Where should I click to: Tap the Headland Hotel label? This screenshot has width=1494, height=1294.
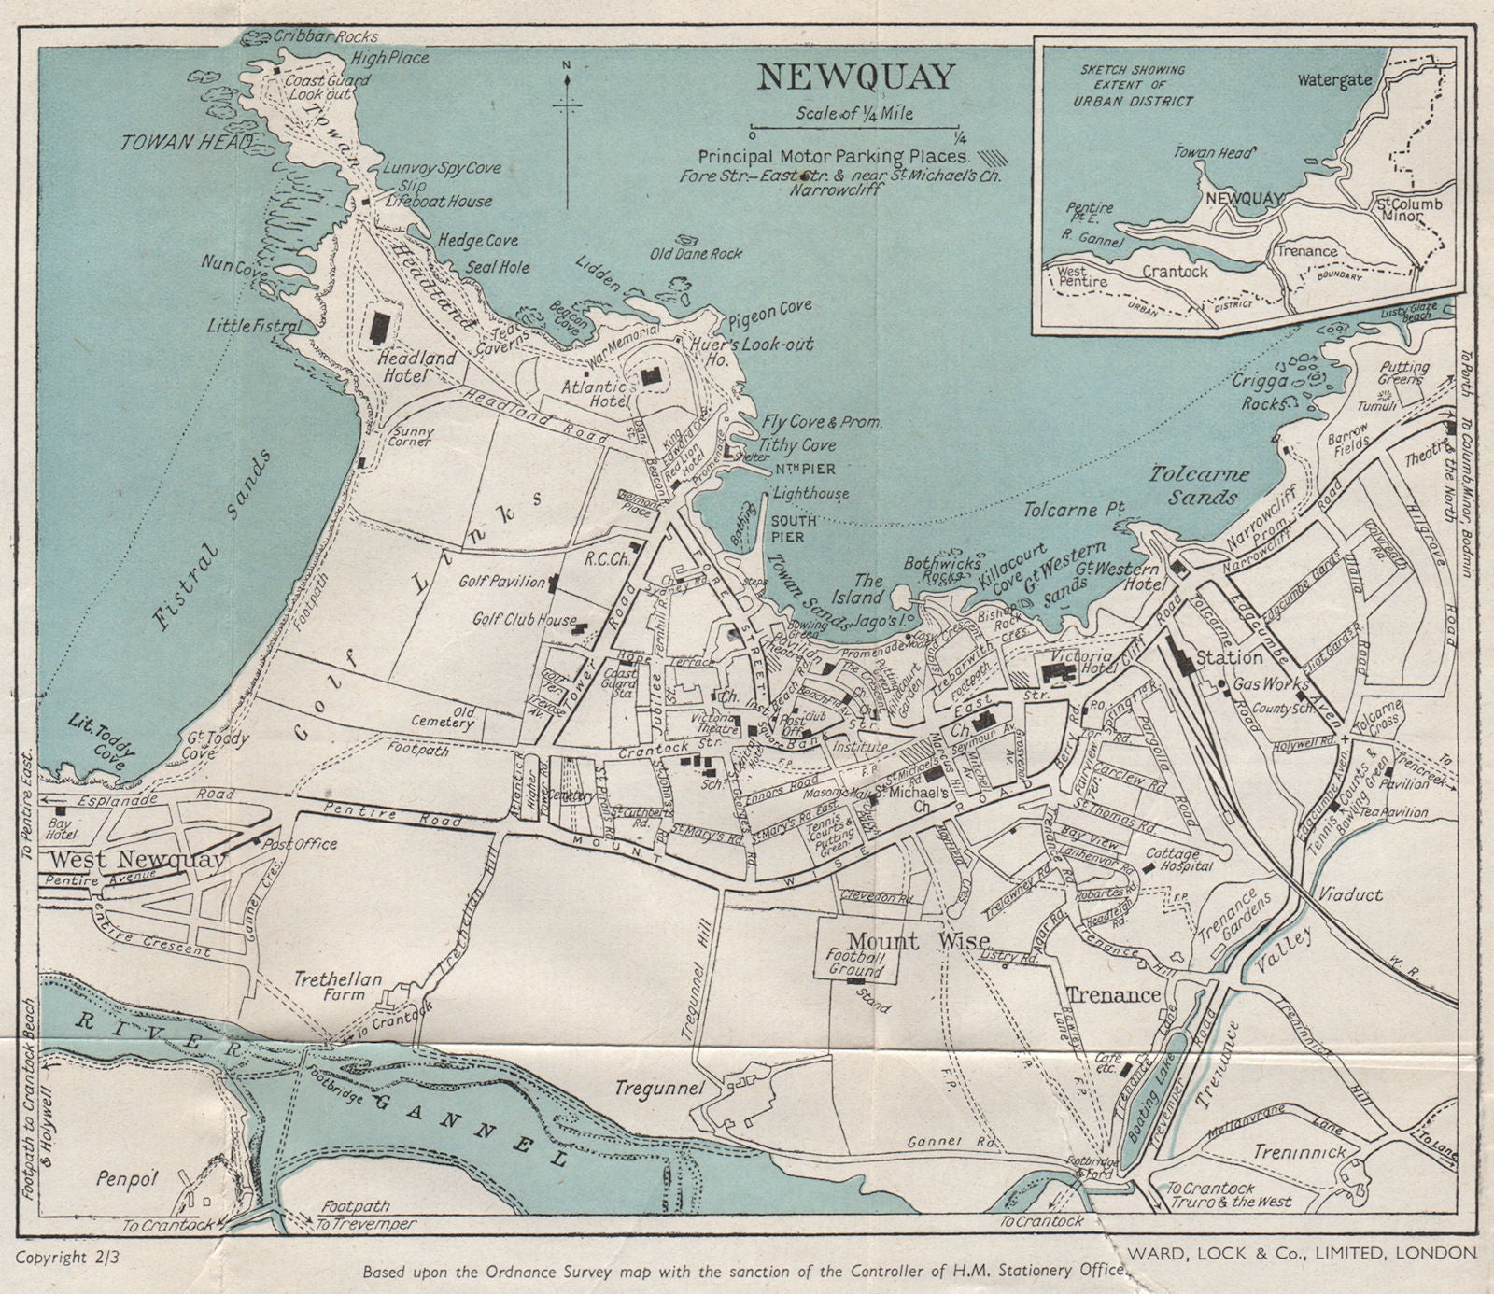[416, 366]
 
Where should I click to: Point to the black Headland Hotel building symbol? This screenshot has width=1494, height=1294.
[380, 327]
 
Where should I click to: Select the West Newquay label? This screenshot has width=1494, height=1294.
[136, 860]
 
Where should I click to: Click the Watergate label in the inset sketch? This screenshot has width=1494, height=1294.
[1334, 80]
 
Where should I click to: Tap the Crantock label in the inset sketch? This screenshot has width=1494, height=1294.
[1176, 272]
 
